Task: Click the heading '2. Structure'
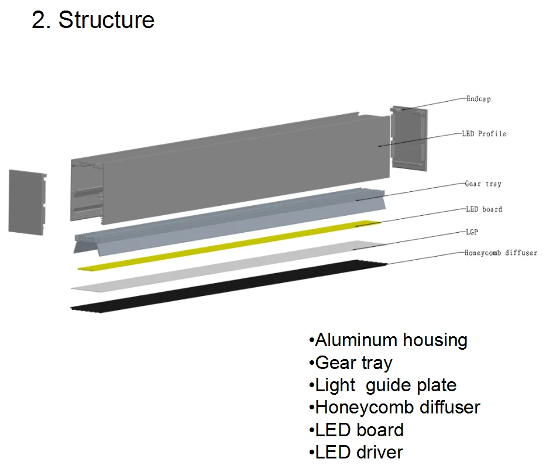click(x=93, y=20)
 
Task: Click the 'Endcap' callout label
click(x=478, y=99)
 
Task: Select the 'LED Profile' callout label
click(x=483, y=134)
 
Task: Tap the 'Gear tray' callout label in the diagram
click(x=483, y=184)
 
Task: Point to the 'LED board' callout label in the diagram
click(x=483, y=209)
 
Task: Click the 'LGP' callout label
click(x=471, y=232)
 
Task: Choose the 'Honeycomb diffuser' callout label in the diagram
click(x=500, y=253)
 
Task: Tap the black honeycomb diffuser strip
click(x=228, y=287)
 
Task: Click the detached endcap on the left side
click(x=27, y=202)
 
